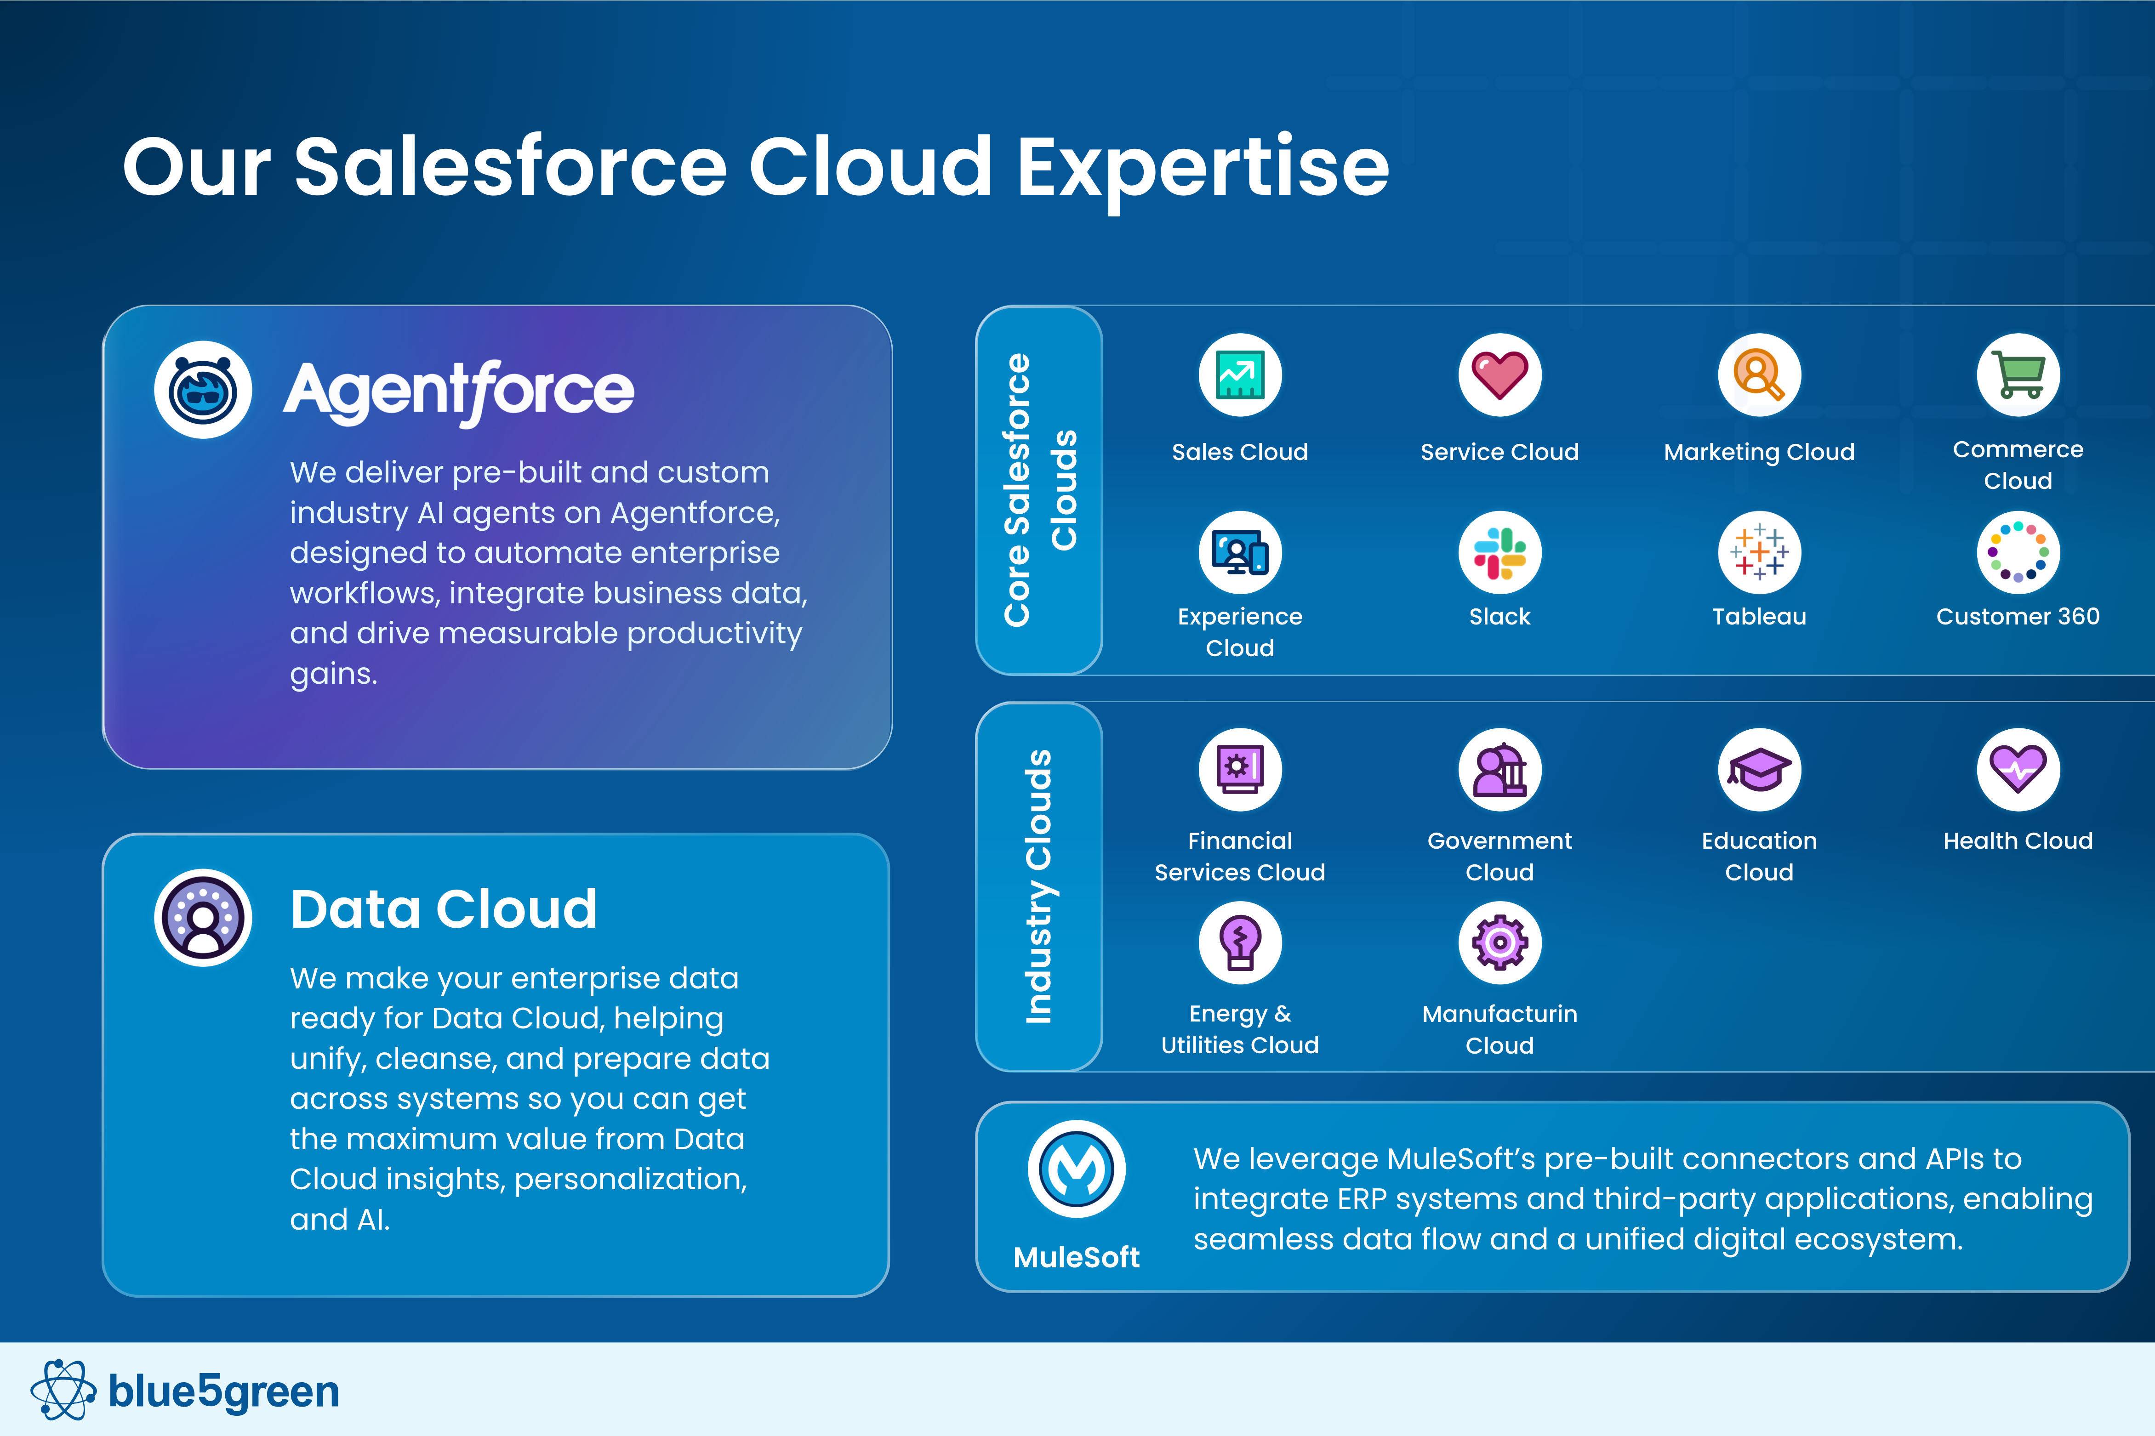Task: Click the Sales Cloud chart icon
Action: (x=1240, y=375)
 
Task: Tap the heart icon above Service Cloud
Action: (x=1499, y=375)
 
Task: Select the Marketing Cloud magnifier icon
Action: (x=1758, y=375)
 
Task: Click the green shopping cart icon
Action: (x=2018, y=375)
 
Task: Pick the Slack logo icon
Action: (x=1499, y=552)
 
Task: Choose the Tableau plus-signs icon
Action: (x=1758, y=552)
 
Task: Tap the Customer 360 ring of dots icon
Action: (x=2018, y=552)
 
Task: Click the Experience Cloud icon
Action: (x=1240, y=552)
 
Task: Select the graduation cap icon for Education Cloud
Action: (x=1758, y=769)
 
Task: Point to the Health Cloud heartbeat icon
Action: (x=2018, y=769)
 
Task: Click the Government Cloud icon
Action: (x=1499, y=769)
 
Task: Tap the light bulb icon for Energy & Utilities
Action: (x=1240, y=942)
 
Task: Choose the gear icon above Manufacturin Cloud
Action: (x=1499, y=942)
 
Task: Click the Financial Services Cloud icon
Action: (x=1240, y=769)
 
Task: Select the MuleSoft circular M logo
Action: (x=1076, y=1169)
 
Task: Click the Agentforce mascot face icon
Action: (x=202, y=390)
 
